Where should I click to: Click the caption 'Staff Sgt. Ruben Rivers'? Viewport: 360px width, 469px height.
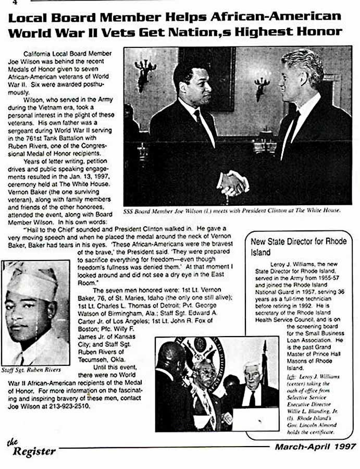31,369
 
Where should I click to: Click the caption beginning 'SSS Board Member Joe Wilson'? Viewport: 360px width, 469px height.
232,211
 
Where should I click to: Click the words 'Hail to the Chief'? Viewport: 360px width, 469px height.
50,228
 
